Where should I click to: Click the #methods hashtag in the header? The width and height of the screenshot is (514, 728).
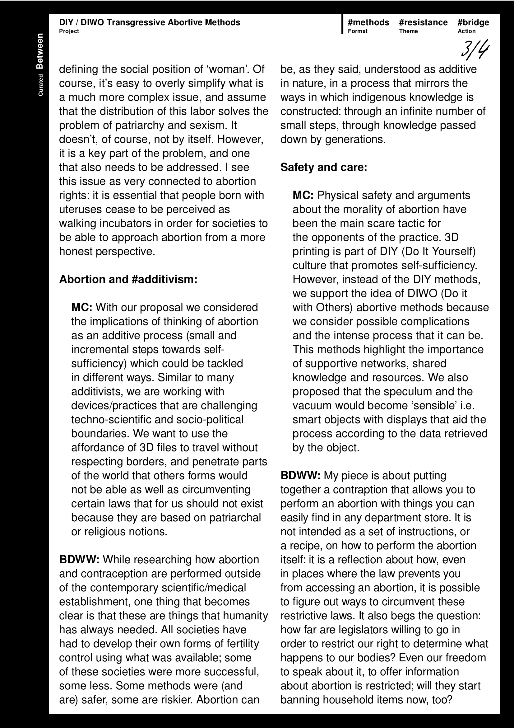tap(368, 22)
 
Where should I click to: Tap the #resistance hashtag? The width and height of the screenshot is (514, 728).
tap(423, 22)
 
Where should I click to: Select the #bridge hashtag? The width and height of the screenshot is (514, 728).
tap(473, 22)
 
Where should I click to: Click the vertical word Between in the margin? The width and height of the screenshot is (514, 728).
tap(39, 51)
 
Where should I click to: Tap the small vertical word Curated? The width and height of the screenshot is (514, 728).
tap(40, 85)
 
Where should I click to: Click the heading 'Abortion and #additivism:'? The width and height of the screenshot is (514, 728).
tap(128, 279)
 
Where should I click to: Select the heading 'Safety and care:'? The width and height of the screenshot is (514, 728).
tap(324, 167)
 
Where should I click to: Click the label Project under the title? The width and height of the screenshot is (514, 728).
tap(69, 31)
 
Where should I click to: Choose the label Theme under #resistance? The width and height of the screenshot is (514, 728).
tap(408, 31)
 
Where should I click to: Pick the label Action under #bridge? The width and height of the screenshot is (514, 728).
tap(466, 31)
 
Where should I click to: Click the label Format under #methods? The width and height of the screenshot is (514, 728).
tap(358, 31)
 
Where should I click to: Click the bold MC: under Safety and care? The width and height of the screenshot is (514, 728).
tap(303, 195)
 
